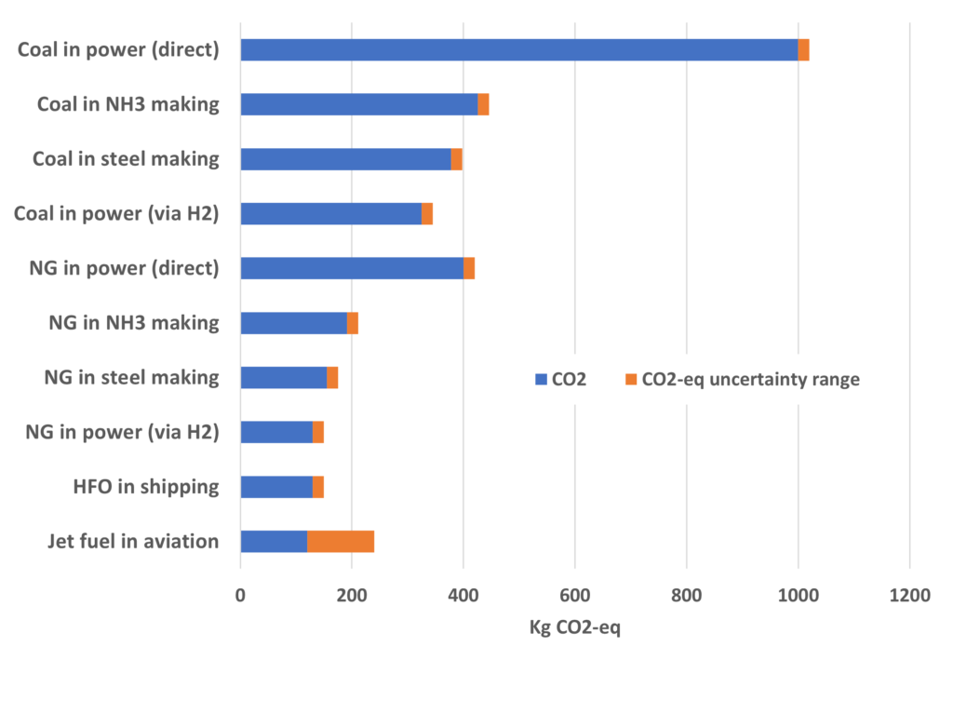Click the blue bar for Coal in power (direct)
click(519, 50)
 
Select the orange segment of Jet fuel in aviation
click(341, 541)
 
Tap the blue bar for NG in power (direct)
click(352, 268)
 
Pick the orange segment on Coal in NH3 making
click(483, 104)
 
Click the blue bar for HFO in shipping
click(276, 487)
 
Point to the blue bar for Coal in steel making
click(345, 159)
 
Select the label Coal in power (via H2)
click(116, 214)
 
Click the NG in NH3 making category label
click(134, 323)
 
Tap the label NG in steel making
click(132, 377)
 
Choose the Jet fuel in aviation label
click(133, 541)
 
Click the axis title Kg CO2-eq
click(574, 627)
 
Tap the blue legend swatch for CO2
click(540, 379)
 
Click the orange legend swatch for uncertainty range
click(630, 379)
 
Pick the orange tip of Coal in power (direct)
click(803, 50)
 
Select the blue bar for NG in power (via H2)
click(276, 432)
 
